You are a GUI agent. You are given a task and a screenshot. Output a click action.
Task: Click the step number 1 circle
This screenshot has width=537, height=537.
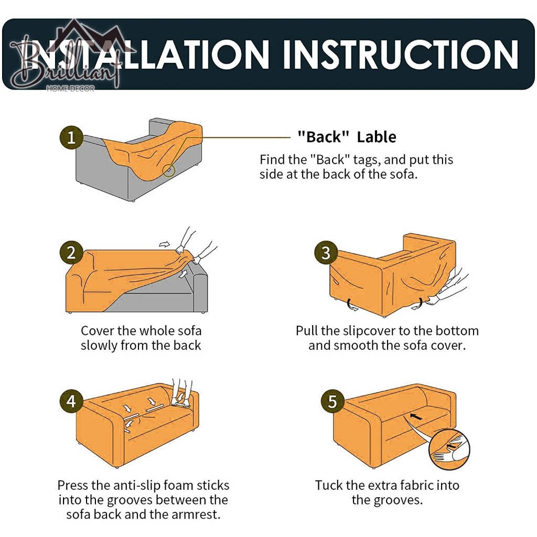(71, 138)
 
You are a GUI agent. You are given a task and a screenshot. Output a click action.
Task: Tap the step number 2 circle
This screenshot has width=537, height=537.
(71, 253)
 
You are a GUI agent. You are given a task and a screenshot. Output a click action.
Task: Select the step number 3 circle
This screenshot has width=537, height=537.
(326, 253)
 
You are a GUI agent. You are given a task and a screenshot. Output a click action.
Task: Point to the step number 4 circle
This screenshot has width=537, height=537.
(71, 401)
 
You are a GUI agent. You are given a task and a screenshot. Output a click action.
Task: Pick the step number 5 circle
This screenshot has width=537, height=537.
(332, 401)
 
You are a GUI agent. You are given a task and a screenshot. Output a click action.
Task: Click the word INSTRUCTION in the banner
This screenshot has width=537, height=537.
(400, 55)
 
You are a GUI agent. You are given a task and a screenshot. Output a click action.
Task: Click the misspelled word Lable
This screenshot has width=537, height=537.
(377, 137)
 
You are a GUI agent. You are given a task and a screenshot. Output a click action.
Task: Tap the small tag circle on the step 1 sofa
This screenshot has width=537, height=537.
(169, 170)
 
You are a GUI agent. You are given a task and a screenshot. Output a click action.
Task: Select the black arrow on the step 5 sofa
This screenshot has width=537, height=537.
(416, 417)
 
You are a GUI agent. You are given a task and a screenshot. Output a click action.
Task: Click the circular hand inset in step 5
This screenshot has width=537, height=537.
(449, 449)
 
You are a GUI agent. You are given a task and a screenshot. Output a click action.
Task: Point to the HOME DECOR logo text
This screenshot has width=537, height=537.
(70, 89)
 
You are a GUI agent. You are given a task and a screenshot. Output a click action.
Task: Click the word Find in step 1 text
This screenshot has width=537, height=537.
(271, 159)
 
